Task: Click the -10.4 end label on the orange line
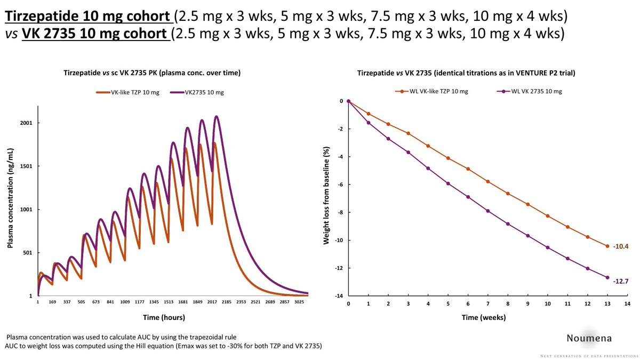[621, 246]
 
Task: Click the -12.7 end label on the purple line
[621, 281]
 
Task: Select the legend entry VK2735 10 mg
[204, 92]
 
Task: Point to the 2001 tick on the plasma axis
[27, 123]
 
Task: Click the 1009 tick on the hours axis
[125, 302]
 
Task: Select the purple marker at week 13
[607, 277]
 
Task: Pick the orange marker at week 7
[488, 182]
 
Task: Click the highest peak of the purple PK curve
[217, 116]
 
